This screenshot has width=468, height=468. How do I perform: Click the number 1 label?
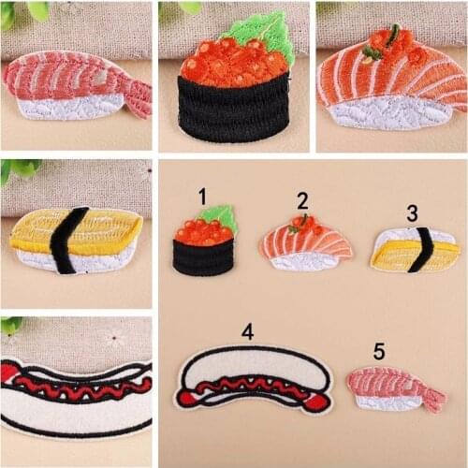pos(201,196)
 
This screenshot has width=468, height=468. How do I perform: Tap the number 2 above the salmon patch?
pos(302,200)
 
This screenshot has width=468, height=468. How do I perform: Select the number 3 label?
pos(412,212)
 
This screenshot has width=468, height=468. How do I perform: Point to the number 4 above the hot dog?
pos(247,331)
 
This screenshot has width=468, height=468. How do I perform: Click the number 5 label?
pos(379,351)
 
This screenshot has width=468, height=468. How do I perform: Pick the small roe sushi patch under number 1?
pos(203,245)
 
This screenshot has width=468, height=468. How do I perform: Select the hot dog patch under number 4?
pos(254,381)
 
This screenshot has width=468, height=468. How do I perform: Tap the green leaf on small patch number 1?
pos(217,215)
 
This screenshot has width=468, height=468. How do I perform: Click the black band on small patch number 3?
pos(424,248)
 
